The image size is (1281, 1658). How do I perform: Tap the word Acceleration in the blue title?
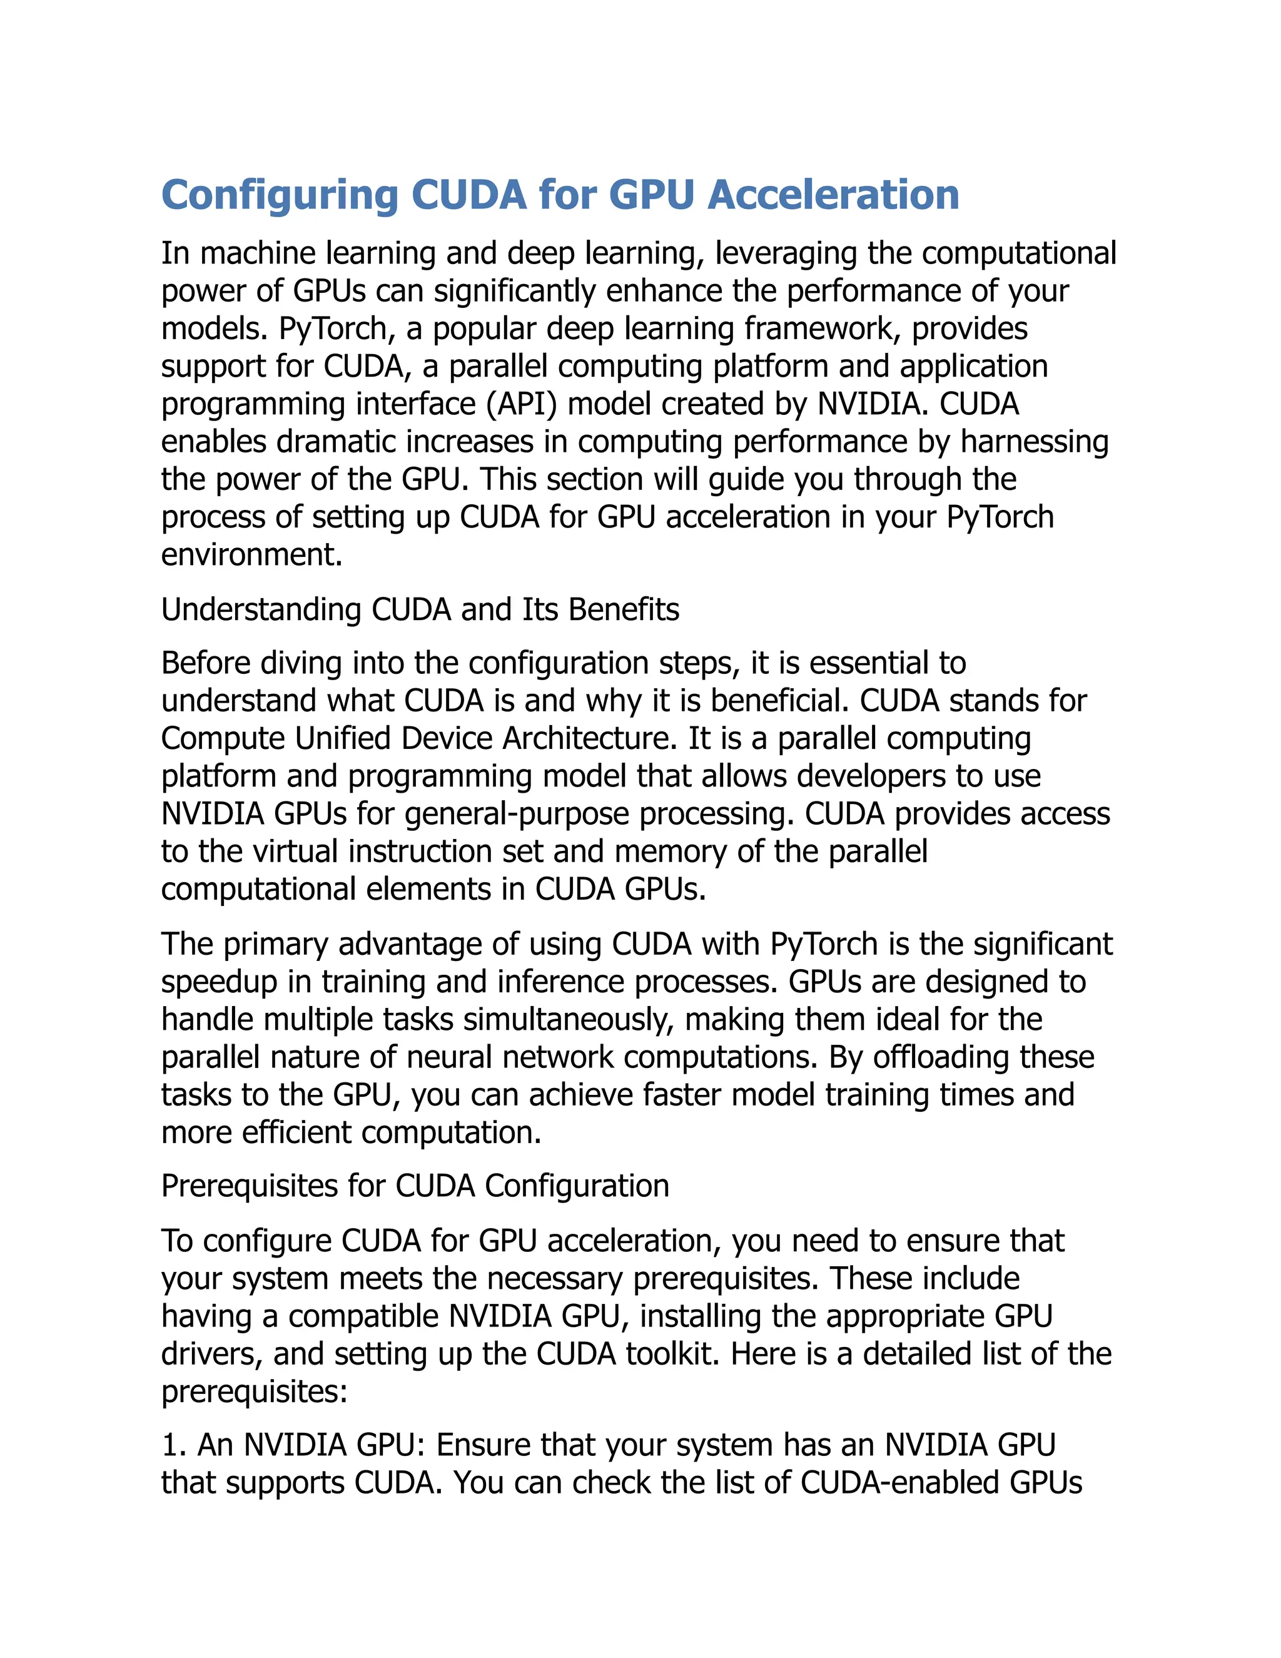coord(833,195)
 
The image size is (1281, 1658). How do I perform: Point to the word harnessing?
coord(1035,442)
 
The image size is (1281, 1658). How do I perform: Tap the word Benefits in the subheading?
coord(624,609)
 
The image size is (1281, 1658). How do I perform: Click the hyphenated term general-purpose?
coord(517,814)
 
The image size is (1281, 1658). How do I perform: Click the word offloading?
coord(940,1057)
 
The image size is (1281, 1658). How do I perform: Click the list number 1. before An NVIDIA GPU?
coord(173,1445)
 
